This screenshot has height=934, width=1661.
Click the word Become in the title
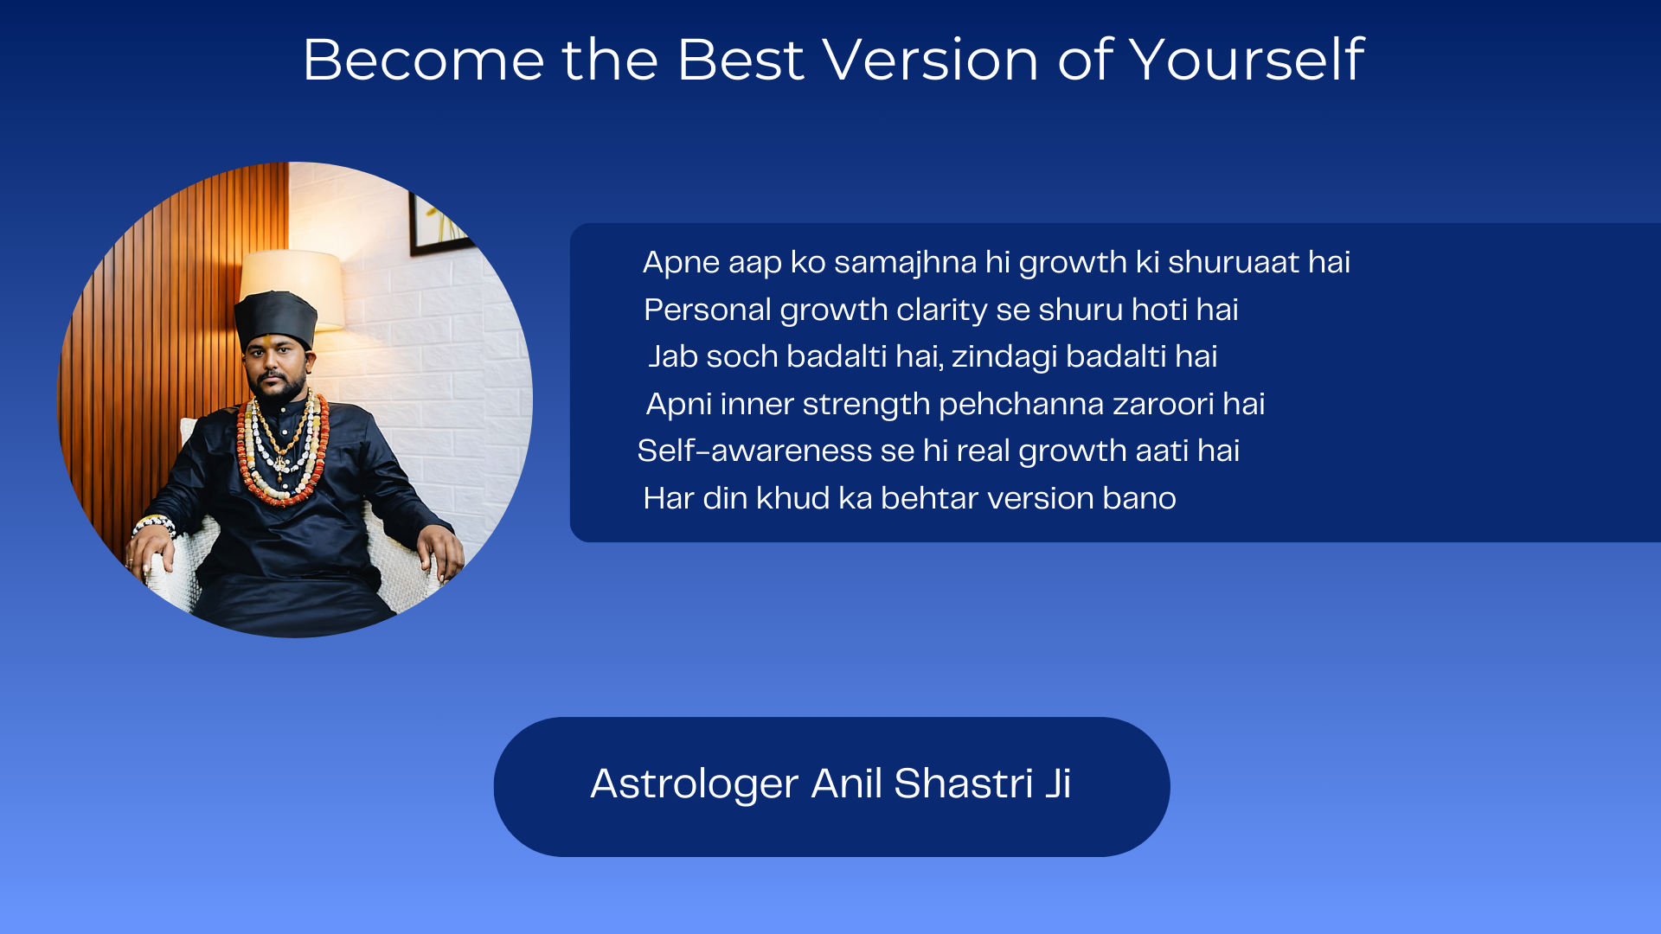(x=424, y=60)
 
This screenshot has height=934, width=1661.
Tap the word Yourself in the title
(x=1247, y=60)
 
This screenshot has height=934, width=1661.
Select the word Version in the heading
(x=930, y=60)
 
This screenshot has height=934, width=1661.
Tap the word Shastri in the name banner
(x=963, y=784)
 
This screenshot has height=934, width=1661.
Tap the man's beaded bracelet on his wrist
(x=153, y=523)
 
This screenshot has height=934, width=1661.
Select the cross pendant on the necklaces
(x=280, y=464)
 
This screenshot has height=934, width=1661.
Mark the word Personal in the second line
(x=707, y=310)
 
